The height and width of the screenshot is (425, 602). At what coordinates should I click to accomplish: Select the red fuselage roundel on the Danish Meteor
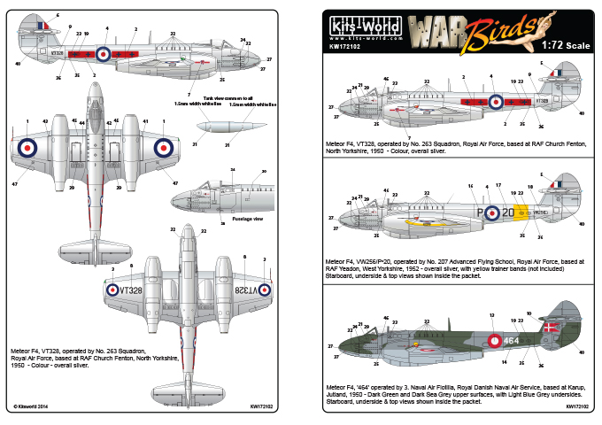tap(492, 339)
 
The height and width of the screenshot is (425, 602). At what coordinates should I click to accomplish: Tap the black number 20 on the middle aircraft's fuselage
tap(502, 213)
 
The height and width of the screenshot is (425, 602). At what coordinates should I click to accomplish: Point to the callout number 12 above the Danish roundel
tap(491, 315)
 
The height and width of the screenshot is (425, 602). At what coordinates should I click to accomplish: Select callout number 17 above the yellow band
tap(499, 186)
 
